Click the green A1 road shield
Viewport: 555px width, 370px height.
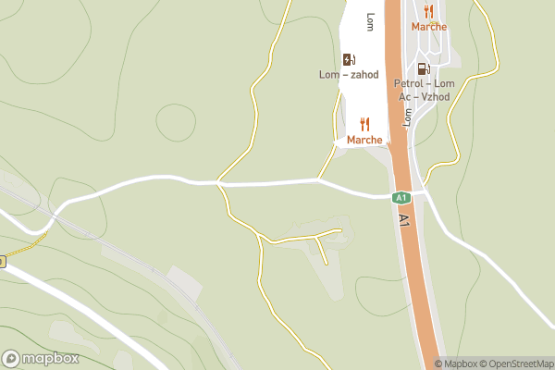pyautogui.click(x=401, y=197)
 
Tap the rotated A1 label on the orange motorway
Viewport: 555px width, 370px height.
pyautogui.click(x=404, y=221)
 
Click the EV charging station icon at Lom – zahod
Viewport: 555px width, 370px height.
pyautogui.click(x=349, y=59)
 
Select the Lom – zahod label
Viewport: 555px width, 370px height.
pyautogui.click(x=349, y=74)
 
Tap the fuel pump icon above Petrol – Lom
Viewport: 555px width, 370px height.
pyautogui.click(x=424, y=68)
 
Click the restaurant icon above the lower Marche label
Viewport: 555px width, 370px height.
pyautogui.click(x=364, y=124)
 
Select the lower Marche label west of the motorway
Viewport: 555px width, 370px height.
pyautogui.click(x=364, y=140)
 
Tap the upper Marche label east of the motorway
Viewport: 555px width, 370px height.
pyautogui.click(x=428, y=27)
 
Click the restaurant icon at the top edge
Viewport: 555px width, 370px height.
pyautogui.click(x=428, y=11)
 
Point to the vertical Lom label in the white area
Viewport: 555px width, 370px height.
pyautogui.click(x=370, y=20)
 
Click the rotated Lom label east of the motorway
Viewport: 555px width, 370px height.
pyautogui.click(x=406, y=116)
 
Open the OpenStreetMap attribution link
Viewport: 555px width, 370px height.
pyautogui.click(x=517, y=364)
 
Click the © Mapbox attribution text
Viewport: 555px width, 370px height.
pyautogui.click(x=458, y=364)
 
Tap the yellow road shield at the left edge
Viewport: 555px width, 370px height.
pyautogui.click(x=2, y=262)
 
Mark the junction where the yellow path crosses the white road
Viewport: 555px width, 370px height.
pyautogui.click(x=219, y=183)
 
